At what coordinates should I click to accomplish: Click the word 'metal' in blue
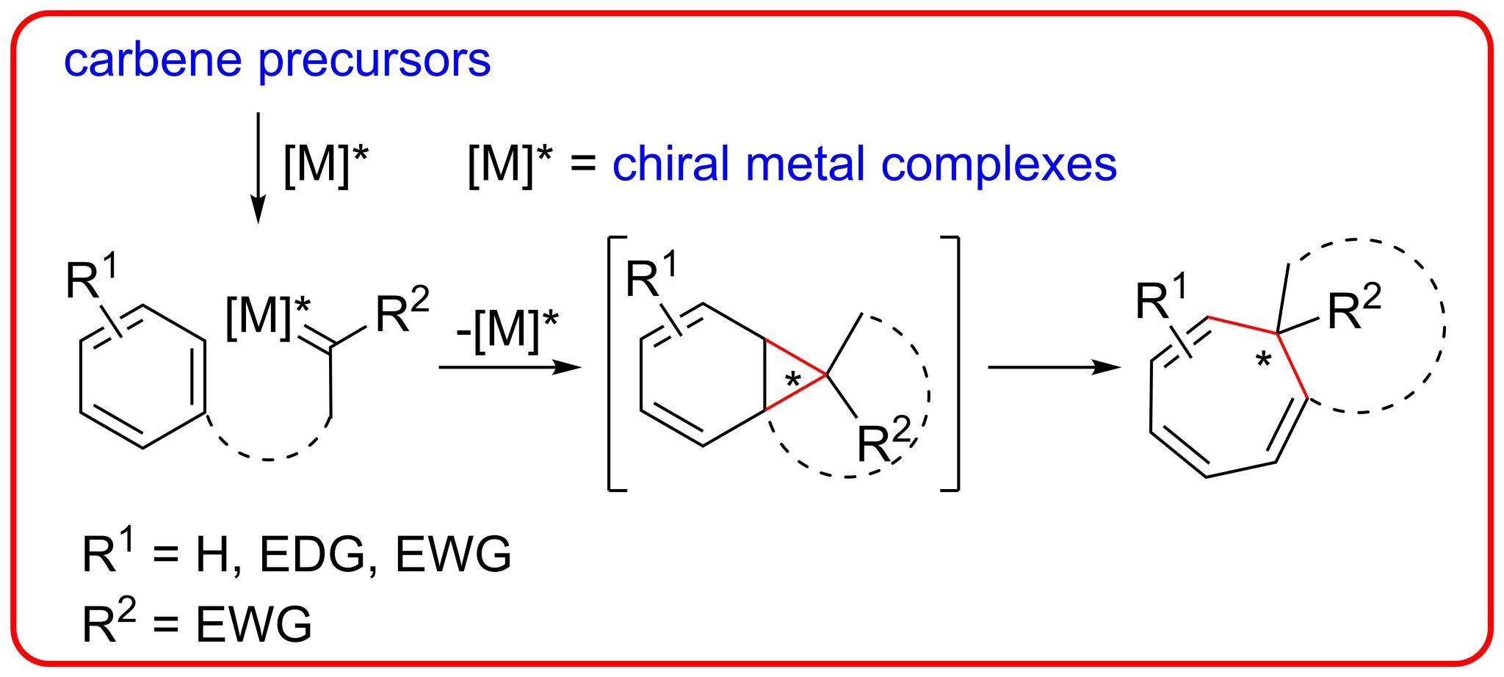pyautogui.click(x=804, y=163)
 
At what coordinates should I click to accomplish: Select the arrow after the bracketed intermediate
pyautogui.click(x=1054, y=366)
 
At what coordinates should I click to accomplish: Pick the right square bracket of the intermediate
pyautogui.click(x=953, y=363)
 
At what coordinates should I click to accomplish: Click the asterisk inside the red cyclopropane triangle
pyautogui.click(x=793, y=380)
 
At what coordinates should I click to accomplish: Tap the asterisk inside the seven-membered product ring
pyautogui.click(x=1263, y=361)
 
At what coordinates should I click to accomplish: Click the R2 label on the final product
pyautogui.click(x=1353, y=308)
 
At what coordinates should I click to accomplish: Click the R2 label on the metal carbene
pyautogui.click(x=402, y=311)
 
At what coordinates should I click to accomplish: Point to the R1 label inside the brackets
pyautogui.click(x=651, y=276)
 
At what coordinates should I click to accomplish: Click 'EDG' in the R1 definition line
pyautogui.click(x=312, y=554)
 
